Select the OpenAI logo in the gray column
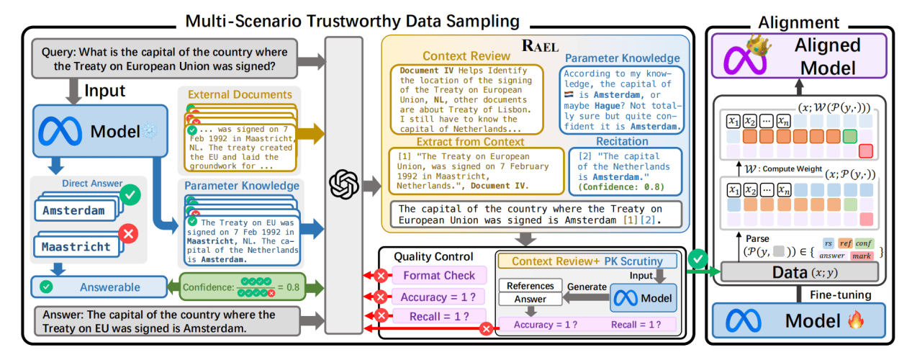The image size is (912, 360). click(x=344, y=184)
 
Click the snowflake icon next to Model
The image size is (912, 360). click(x=150, y=131)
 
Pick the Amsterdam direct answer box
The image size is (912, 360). click(x=76, y=210)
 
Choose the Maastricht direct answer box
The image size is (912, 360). click(x=77, y=246)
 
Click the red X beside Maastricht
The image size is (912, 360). click(x=129, y=234)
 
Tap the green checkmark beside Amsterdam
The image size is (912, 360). click(x=130, y=195)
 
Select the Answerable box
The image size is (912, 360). click(x=99, y=287)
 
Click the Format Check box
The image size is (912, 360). click(x=439, y=275)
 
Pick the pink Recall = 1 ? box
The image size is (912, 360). click(x=439, y=316)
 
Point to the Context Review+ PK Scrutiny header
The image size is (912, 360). click(x=587, y=261)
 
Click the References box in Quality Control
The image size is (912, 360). click(x=530, y=285)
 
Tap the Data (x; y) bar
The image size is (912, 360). click(x=800, y=272)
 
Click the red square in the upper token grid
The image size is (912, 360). click(x=866, y=151)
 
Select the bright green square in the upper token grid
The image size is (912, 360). click(x=849, y=136)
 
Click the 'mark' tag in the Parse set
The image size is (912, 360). click(x=862, y=256)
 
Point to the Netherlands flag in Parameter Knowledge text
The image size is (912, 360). click(x=569, y=94)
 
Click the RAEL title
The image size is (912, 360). click(x=541, y=46)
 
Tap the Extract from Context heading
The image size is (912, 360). click(x=470, y=142)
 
